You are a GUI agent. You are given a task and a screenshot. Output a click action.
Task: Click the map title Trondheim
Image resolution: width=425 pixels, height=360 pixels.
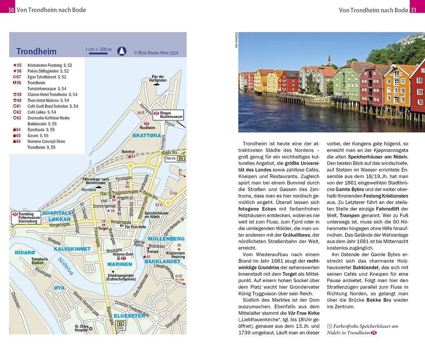pyautogui.click(x=36, y=51)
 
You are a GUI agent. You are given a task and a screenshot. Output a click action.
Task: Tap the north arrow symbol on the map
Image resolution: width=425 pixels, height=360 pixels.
pyautogui.click(x=122, y=51)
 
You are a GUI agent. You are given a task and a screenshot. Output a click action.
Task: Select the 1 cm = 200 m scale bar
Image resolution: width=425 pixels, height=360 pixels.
pyautogui.click(x=98, y=51)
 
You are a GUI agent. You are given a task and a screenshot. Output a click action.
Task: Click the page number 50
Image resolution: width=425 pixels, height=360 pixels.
pyautogui.click(x=12, y=10)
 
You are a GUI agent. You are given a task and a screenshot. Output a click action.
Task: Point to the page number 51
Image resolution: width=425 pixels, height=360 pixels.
pyautogui.click(x=413, y=10)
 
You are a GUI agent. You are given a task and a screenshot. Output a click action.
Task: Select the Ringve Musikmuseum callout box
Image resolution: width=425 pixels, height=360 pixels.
pyautogui.click(x=168, y=115)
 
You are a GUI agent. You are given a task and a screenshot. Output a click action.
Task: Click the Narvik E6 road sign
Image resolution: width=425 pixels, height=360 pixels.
pyautogui.click(x=175, y=158)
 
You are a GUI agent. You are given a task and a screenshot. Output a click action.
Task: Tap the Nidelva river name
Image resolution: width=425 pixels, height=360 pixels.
pyautogui.click(x=66, y=266)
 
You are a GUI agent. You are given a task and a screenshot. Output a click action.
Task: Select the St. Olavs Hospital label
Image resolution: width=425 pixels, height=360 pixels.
pyautogui.click(x=82, y=328)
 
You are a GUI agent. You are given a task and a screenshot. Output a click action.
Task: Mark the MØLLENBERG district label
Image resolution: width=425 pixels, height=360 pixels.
pyautogui.click(x=166, y=239)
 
